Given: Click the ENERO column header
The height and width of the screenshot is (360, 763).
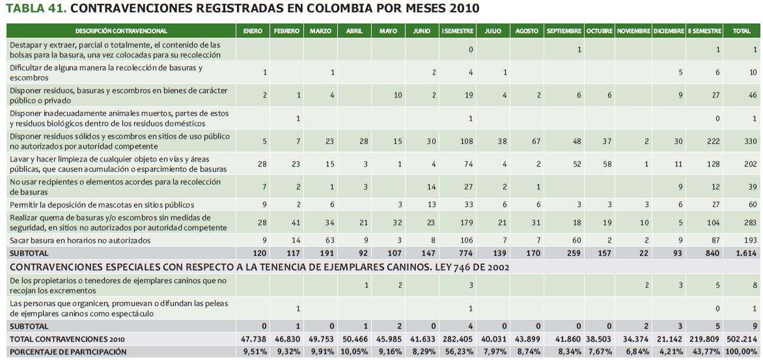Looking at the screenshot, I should pyautogui.click(x=253, y=31).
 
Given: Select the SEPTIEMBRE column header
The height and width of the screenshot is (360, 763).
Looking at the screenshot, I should pyautogui.click(x=564, y=31).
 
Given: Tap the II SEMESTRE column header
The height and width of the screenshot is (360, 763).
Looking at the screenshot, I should pyautogui.click(x=704, y=31).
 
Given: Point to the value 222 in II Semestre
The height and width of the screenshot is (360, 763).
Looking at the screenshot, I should pyautogui.click(x=714, y=142).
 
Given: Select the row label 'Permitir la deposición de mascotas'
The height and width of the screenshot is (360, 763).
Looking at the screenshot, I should pyautogui.click(x=92, y=205).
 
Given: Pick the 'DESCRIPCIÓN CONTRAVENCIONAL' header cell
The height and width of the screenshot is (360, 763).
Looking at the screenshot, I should pyautogui.click(x=121, y=31).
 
